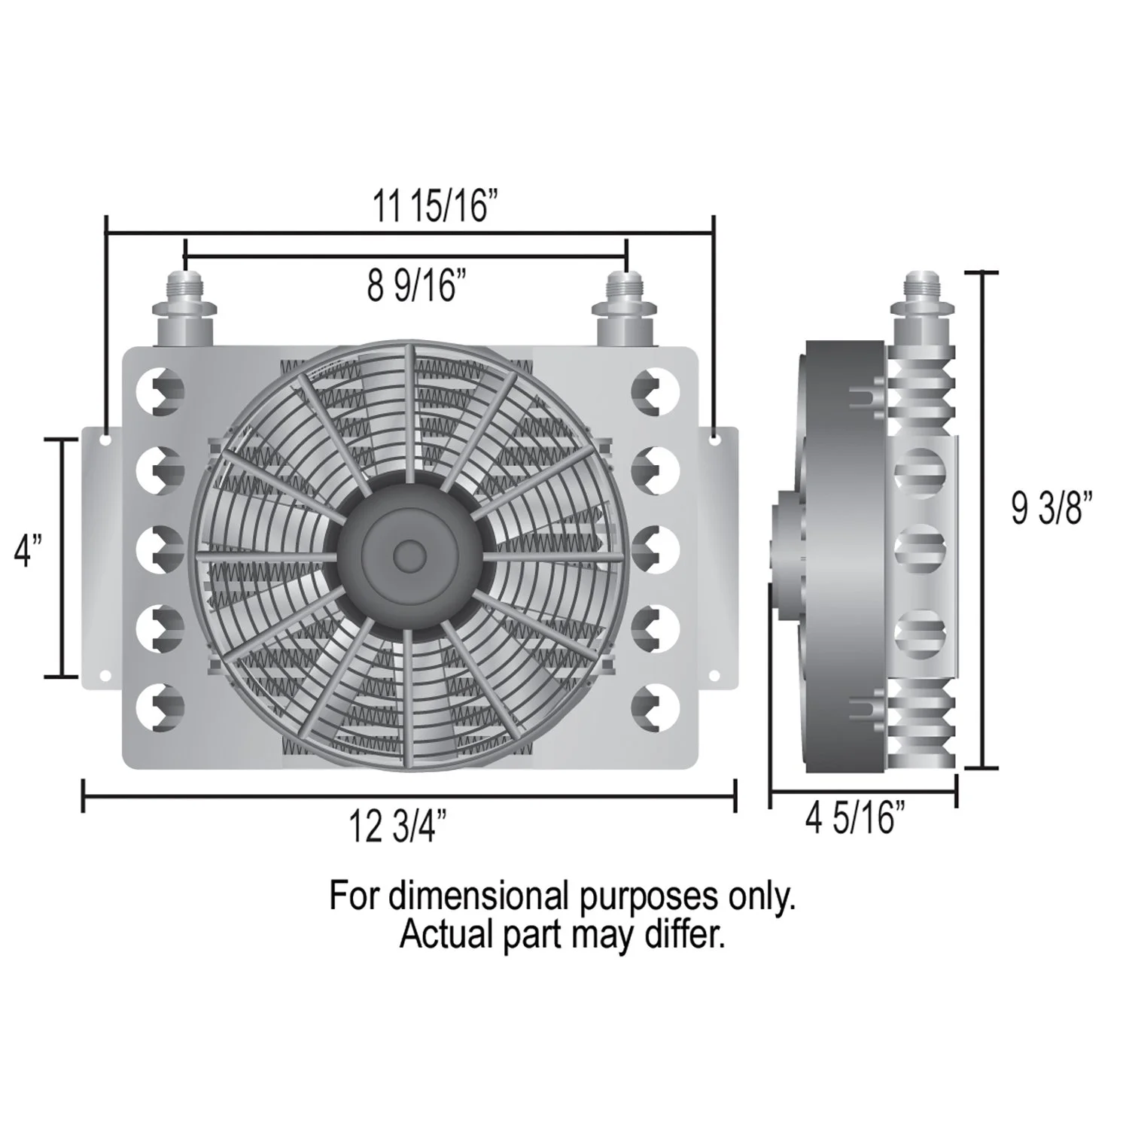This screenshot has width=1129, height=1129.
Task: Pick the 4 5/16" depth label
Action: (855, 817)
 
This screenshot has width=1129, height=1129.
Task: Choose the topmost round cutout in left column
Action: (160, 390)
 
